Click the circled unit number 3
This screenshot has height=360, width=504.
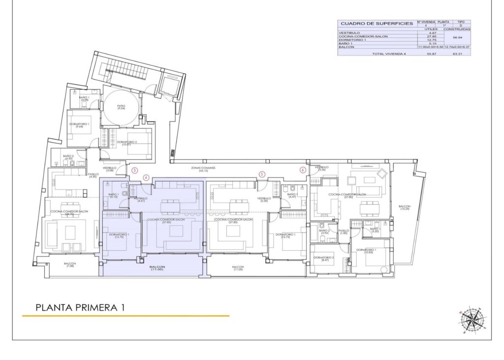click(135, 171)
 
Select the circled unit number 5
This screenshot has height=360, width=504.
click(262, 174)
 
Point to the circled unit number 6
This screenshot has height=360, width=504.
click(303, 170)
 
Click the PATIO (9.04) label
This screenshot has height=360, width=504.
click(121, 107)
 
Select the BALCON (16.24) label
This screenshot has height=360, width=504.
click(405, 208)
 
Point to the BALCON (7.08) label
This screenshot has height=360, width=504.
click(70, 266)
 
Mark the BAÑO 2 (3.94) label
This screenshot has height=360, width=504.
click(324, 232)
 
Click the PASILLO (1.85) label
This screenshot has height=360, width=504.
click(344, 232)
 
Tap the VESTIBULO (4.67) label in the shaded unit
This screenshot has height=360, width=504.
click(141, 199)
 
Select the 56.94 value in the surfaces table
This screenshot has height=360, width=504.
click(458, 37)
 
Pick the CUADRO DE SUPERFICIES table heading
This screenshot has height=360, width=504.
click(377, 23)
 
